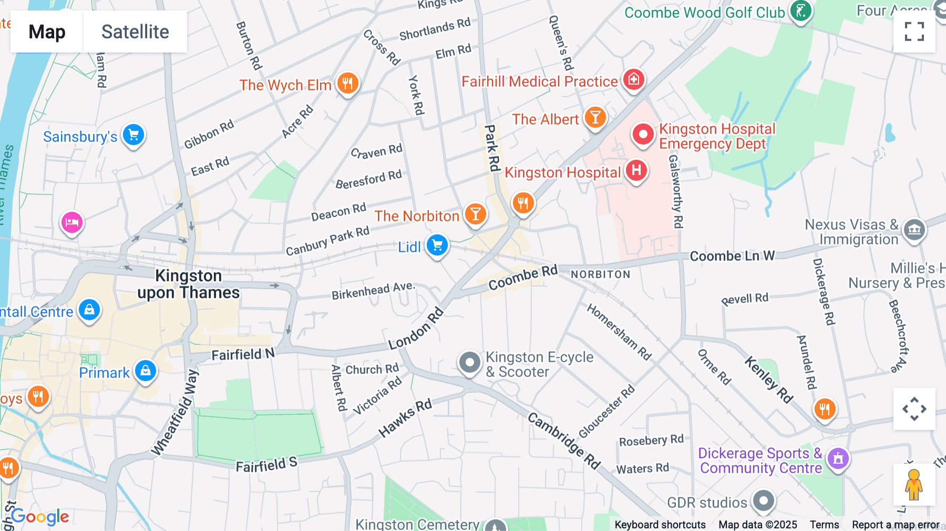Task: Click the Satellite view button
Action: pyautogui.click(x=135, y=32)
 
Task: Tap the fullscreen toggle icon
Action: pyautogui.click(x=914, y=32)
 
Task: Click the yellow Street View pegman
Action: pyautogui.click(x=914, y=485)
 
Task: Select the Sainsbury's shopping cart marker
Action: pyautogui.click(x=133, y=135)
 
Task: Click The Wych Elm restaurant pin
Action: pyautogui.click(x=347, y=83)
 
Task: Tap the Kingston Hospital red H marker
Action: pyautogui.click(x=636, y=170)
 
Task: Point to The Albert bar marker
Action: pyautogui.click(x=595, y=117)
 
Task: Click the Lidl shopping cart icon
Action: pyautogui.click(x=437, y=245)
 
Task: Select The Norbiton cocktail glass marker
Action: pyautogui.click(x=475, y=214)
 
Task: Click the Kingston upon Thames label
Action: pyautogui.click(x=188, y=284)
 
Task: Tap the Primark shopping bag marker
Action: pyautogui.click(x=146, y=371)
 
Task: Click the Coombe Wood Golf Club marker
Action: pyautogui.click(x=800, y=11)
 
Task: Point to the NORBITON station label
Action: pyautogui.click(x=600, y=274)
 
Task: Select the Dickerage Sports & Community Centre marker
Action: pyautogui.click(x=838, y=458)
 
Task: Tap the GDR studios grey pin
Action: pyautogui.click(x=763, y=501)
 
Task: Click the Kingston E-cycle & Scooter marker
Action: pyautogui.click(x=469, y=362)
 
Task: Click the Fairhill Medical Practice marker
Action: pyautogui.click(x=633, y=79)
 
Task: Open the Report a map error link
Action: pyautogui.click(x=896, y=525)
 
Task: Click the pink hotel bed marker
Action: pyautogui.click(x=72, y=222)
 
